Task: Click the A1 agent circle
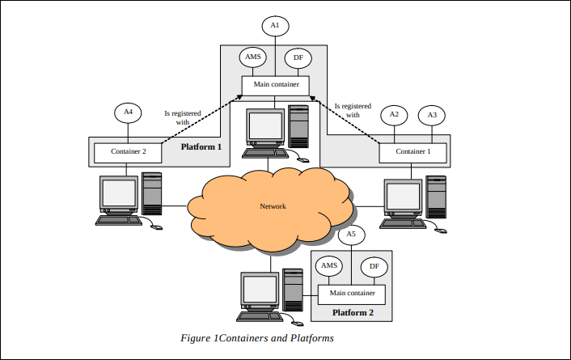[275, 27]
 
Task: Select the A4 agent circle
[128, 111]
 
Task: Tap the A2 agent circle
[394, 114]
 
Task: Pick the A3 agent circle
[432, 115]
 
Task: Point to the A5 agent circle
[350, 235]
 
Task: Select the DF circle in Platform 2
[374, 266]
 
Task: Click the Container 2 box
[127, 151]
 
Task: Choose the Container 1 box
[412, 151]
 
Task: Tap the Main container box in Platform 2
[352, 293]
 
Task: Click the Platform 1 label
[201, 146]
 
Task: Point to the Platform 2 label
[353, 311]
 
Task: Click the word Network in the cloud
[273, 206]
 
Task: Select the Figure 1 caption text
[256, 337]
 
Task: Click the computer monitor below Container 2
[118, 194]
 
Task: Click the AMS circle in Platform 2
[329, 265]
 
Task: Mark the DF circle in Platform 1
[298, 57]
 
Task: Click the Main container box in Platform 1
[275, 84]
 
